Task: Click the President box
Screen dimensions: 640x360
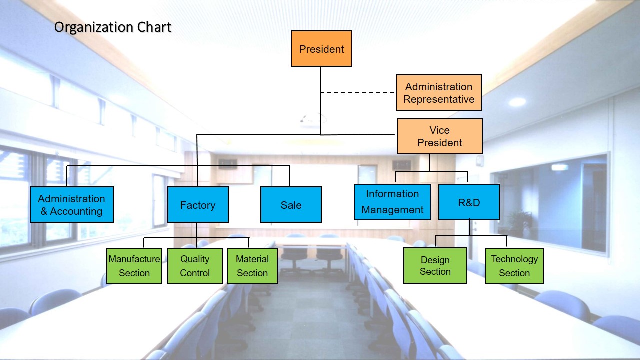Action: (x=321, y=49)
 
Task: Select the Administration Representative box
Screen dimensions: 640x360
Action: (x=439, y=93)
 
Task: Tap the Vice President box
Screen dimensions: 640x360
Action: (x=440, y=136)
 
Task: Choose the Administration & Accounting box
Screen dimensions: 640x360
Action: (x=72, y=205)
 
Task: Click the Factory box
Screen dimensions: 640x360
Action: (x=198, y=205)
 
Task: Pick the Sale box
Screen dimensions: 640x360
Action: (x=291, y=205)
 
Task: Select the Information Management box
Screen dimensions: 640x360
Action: (x=392, y=202)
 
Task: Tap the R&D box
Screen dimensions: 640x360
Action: (x=469, y=202)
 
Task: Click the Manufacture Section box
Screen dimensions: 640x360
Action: (x=134, y=266)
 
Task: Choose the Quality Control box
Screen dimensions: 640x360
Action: (x=195, y=266)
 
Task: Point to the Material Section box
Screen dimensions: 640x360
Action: (x=252, y=266)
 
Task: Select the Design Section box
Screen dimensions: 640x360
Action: (x=435, y=265)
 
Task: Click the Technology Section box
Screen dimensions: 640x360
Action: (x=514, y=266)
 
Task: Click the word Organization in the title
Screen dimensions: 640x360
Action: (x=93, y=27)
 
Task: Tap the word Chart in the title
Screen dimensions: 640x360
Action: (x=154, y=27)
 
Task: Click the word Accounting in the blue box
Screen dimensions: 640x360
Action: (x=76, y=211)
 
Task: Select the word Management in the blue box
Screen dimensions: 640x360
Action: (x=392, y=210)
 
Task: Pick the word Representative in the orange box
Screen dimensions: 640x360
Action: (x=439, y=99)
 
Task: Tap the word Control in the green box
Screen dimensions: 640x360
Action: (x=195, y=273)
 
